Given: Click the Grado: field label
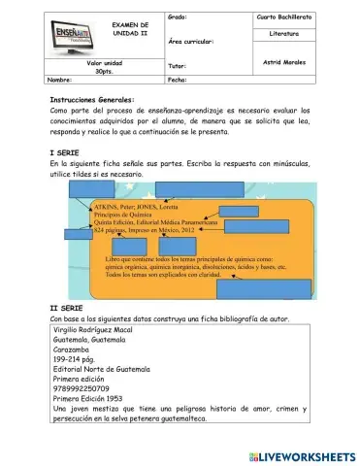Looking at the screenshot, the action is point(178,17).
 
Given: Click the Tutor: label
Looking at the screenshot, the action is point(177,67).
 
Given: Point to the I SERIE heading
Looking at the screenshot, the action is point(65,153).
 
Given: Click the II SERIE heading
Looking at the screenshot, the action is point(68,307).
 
